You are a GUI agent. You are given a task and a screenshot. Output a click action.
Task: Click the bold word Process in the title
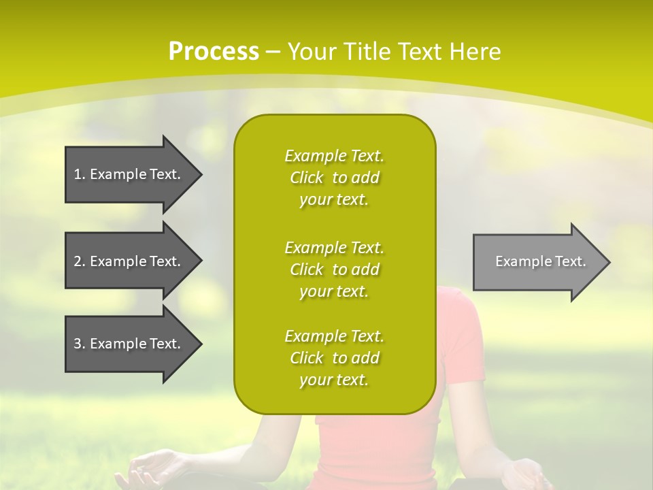(x=214, y=52)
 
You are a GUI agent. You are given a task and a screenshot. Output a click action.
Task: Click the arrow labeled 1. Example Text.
(x=129, y=174)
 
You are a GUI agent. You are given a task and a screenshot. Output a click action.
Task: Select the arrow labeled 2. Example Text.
(x=129, y=261)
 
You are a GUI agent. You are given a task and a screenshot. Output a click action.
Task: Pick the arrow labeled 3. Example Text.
(x=129, y=344)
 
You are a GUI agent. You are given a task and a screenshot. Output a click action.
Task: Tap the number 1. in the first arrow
(x=80, y=174)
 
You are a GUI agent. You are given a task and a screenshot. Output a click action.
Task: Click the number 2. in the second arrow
(x=80, y=261)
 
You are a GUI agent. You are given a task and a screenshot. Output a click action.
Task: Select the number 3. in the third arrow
(x=80, y=344)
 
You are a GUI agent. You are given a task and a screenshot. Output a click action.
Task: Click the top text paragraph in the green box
(x=334, y=178)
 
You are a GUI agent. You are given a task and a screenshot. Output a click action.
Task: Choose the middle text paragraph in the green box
(x=334, y=269)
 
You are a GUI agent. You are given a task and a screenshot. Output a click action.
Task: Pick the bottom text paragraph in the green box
(x=334, y=358)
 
